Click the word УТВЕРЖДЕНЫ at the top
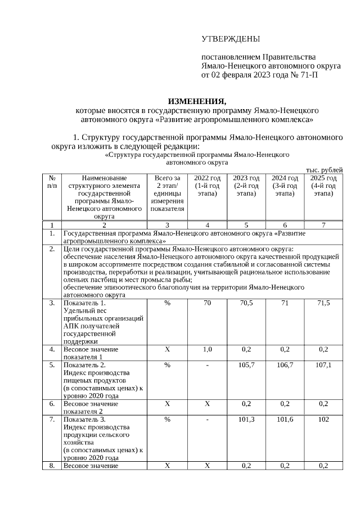click(x=231, y=39)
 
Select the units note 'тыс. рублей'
click(x=324, y=170)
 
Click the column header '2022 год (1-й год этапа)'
click(x=207, y=186)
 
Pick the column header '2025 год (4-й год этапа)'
click(x=323, y=186)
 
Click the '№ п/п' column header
click(x=52, y=182)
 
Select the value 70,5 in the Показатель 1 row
click(x=246, y=303)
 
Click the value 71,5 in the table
click(x=323, y=303)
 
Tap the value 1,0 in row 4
click(x=207, y=349)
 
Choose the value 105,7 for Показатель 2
click(x=246, y=364)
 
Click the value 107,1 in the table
click(x=323, y=364)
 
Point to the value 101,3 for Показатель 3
click(x=246, y=419)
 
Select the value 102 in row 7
click(x=323, y=419)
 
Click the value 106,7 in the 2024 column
click(x=285, y=364)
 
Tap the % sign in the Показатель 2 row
click(x=167, y=364)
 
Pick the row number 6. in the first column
click(x=52, y=404)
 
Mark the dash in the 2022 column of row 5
click(x=207, y=364)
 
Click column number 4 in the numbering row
click(x=207, y=225)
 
